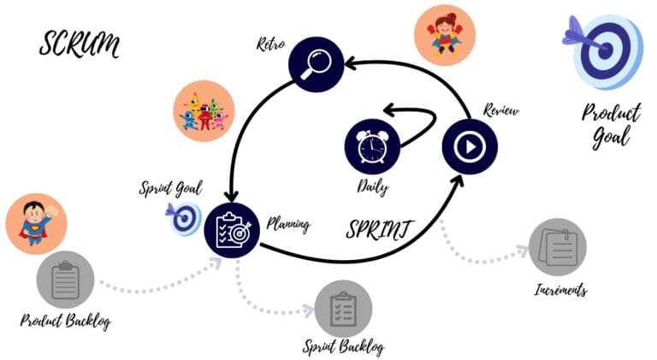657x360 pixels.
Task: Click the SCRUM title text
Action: point(78,44)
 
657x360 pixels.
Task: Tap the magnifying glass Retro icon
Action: point(314,66)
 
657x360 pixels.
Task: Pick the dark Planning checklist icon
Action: point(232,228)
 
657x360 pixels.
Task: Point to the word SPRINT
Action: point(380,228)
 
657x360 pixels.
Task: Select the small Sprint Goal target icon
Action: point(183,218)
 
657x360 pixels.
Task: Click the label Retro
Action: point(270,42)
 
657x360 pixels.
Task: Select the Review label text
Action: point(500,111)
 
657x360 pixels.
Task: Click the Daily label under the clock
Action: point(373,186)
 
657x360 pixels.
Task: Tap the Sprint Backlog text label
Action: point(344,346)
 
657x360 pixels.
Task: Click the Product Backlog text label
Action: point(66,321)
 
